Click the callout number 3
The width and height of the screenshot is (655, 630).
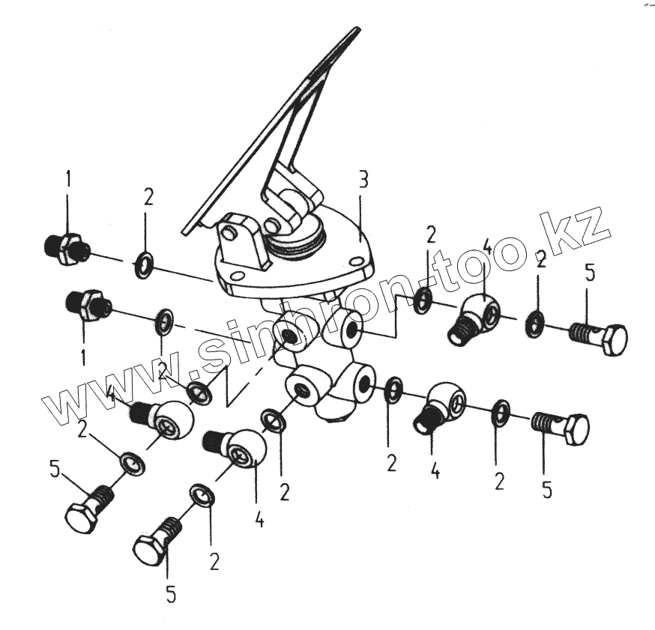pos(363,181)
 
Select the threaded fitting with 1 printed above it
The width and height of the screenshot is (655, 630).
pos(66,249)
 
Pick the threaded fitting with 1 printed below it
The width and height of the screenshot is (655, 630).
pos(88,306)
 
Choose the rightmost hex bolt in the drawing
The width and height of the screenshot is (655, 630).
pos(598,339)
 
